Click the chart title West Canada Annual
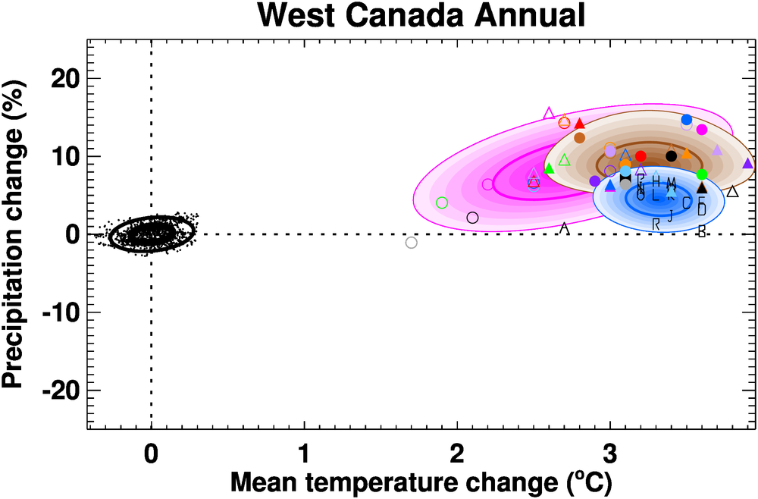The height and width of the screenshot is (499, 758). coord(420,16)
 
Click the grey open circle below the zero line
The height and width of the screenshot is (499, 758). coord(412,243)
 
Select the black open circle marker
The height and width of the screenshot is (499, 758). coord(473,218)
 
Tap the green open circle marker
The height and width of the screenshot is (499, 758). coord(443,202)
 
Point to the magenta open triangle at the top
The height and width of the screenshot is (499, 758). coord(550,113)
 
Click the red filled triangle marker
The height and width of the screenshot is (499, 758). coord(580,124)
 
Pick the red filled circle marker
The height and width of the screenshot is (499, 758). coord(641,156)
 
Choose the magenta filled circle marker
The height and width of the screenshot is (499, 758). coord(702,130)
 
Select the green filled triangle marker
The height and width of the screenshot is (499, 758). coord(550,168)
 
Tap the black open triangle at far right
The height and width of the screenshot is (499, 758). coord(732,192)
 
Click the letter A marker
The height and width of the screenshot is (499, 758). coord(564,228)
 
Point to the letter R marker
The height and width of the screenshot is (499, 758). coord(656,224)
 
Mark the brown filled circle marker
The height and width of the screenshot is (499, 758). coord(580,138)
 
